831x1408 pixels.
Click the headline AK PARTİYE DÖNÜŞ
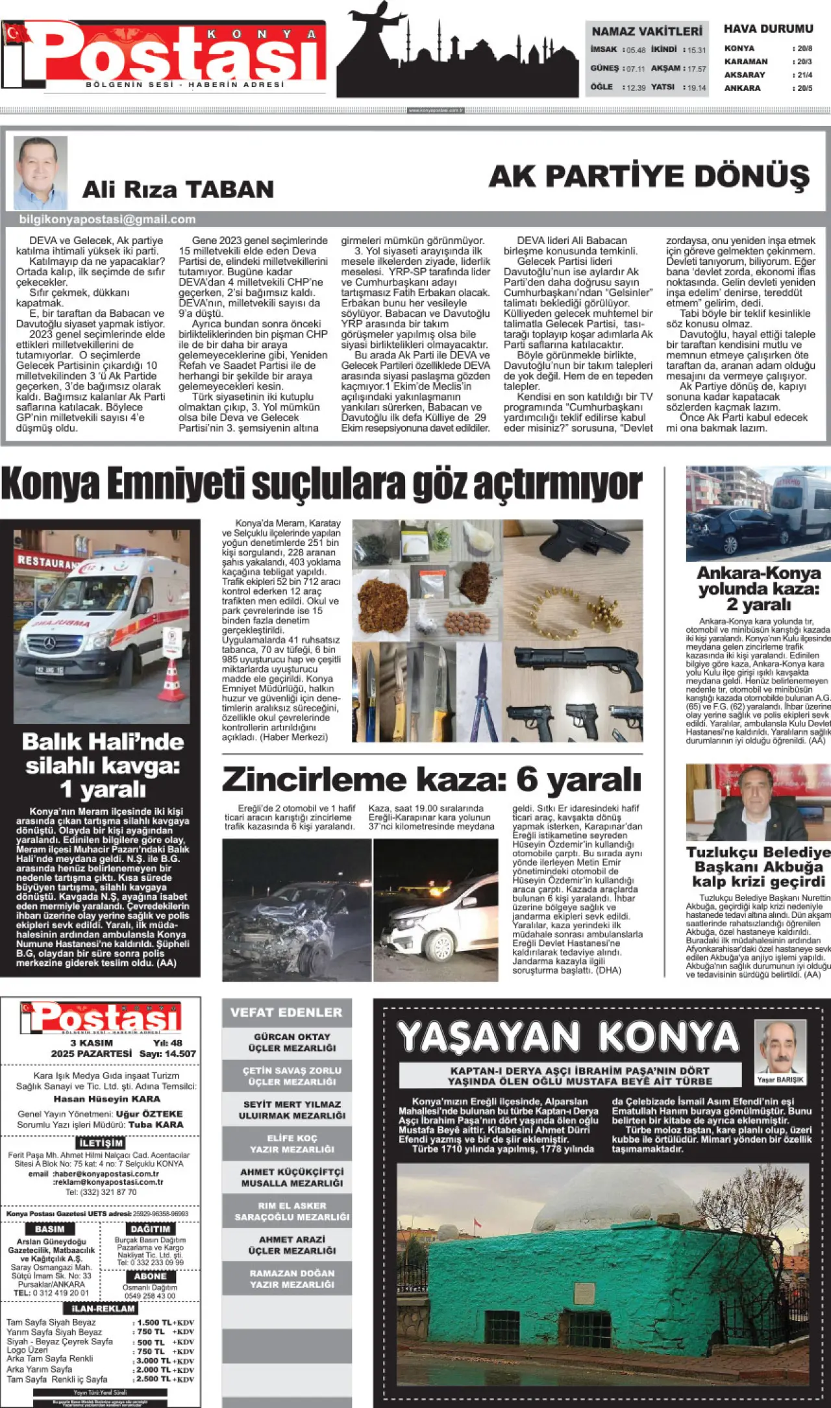click(649, 177)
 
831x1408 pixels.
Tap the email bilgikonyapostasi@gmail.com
click(107, 219)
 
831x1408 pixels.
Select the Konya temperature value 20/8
click(804, 49)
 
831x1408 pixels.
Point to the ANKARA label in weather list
click(742, 88)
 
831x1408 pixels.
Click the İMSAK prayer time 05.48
click(636, 50)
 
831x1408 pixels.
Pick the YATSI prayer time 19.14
click(697, 88)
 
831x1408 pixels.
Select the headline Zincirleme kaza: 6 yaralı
click(432, 780)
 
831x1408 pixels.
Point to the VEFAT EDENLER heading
click(286, 1012)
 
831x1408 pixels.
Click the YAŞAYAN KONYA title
click(568, 1037)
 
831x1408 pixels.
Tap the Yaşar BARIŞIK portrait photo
click(780, 1048)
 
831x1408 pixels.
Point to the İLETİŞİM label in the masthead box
click(101, 1142)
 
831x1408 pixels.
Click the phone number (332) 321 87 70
click(101, 1192)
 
